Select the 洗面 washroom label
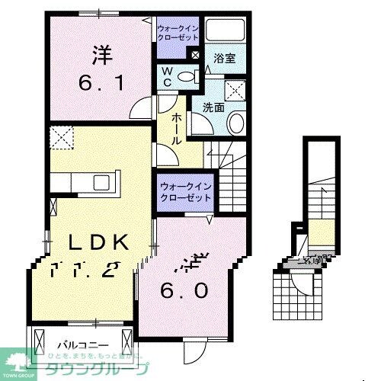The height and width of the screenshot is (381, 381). tap(213, 107)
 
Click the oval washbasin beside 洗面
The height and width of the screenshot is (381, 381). tap(235, 122)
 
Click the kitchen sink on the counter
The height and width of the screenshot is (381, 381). tap(101, 183)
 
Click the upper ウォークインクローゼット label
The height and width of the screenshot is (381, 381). tap(178, 31)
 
